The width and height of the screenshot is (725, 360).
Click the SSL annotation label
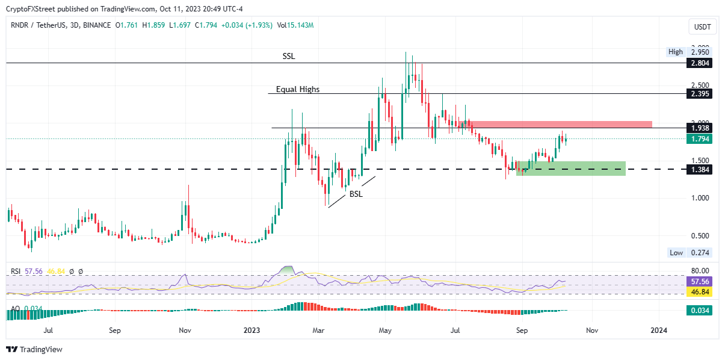(x=289, y=56)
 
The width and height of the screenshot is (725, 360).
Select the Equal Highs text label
(x=298, y=89)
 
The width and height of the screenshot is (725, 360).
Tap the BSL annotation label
(x=356, y=194)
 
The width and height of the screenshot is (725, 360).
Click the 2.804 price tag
(x=697, y=63)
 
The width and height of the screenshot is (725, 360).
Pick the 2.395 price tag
(x=697, y=94)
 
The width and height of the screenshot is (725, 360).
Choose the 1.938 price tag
(x=697, y=128)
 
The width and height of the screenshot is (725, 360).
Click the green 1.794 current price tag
(x=697, y=138)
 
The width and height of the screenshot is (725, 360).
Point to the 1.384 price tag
(x=697, y=170)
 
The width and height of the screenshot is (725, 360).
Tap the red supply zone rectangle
(x=560, y=124)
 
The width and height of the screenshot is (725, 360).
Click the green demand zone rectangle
(x=572, y=168)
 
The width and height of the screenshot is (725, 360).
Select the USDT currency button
(x=702, y=27)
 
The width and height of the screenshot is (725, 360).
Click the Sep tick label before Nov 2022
(x=115, y=331)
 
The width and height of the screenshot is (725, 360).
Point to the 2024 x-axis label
(x=659, y=331)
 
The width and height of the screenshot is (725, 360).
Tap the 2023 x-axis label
(x=251, y=331)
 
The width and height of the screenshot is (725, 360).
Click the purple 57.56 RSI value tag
(x=697, y=281)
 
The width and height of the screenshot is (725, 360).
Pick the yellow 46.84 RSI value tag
(x=697, y=291)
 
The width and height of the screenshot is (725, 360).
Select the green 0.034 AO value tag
(x=697, y=311)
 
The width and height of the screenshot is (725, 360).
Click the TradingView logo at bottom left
(x=34, y=349)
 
